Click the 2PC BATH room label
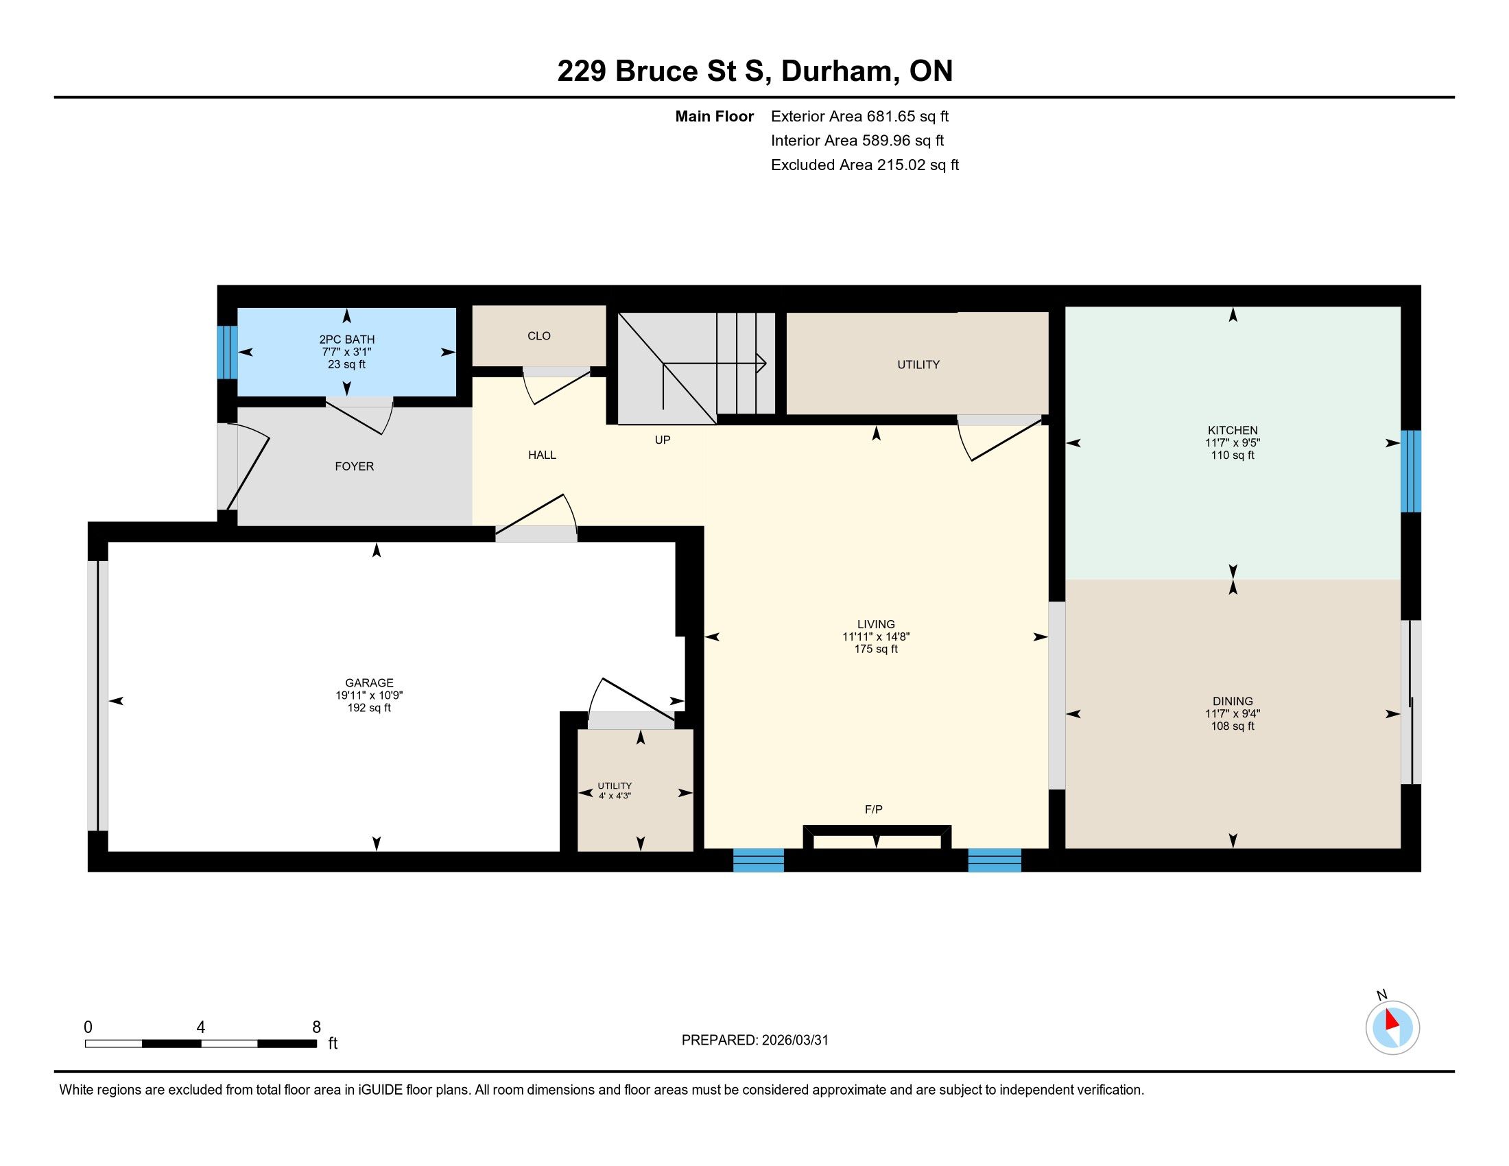(x=347, y=339)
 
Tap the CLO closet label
(x=539, y=335)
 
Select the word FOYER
(x=355, y=466)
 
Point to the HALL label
(x=543, y=455)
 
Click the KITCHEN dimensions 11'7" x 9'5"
(x=1233, y=443)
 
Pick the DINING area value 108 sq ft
(x=1233, y=726)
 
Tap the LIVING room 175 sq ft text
(x=876, y=649)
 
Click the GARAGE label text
(x=370, y=682)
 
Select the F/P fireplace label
(x=874, y=809)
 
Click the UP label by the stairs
(x=663, y=440)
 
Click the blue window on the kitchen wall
(x=1411, y=471)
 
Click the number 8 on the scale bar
(x=316, y=1027)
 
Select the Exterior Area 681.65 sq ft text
(x=860, y=116)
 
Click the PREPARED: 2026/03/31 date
(x=754, y=1040)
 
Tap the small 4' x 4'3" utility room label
(x=615, y=795)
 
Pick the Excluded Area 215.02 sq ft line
(x=865, y=165)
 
